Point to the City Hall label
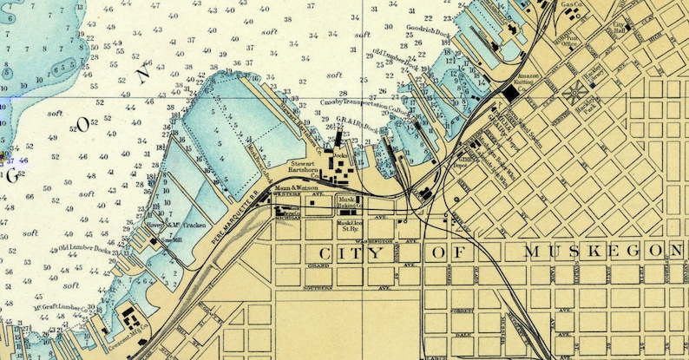620,27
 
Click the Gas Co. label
570,5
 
